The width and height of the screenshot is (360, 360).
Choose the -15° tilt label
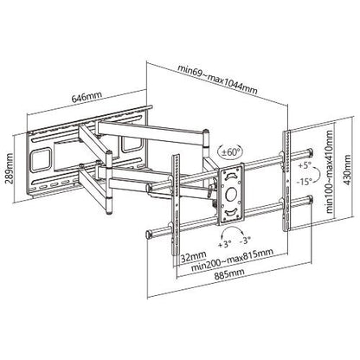pyautogui.click(x=302, y=182)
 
